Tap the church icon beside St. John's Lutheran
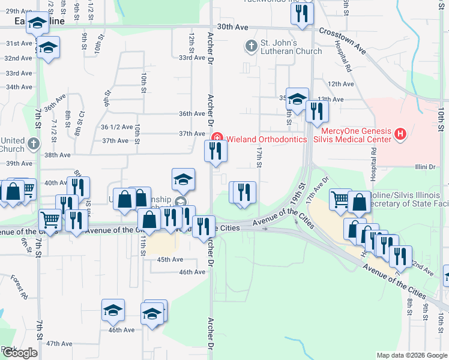[x=251, y=44]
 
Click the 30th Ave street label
[x=232, y=27]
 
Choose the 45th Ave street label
[x=170, y=259]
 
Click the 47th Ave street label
[x=59, y=344]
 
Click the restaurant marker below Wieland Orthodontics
[x=215, y=151]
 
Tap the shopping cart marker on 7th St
[x=50, y=220]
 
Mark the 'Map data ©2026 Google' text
[x=412, y=355]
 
